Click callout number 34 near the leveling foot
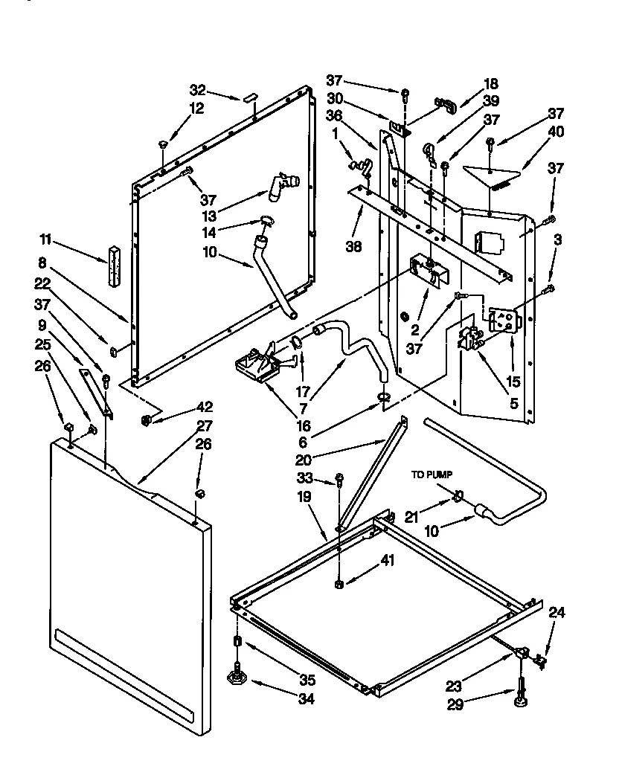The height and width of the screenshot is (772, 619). (306, 698)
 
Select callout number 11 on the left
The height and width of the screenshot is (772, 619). (46, 239)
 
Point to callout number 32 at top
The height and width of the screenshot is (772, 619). (197, 90)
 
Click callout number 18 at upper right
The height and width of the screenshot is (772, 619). (490, 84)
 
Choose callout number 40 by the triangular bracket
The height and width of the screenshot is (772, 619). (556, 132)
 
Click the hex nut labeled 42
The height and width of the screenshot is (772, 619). (146, 421)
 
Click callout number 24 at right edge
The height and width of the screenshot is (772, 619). (557, 614)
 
